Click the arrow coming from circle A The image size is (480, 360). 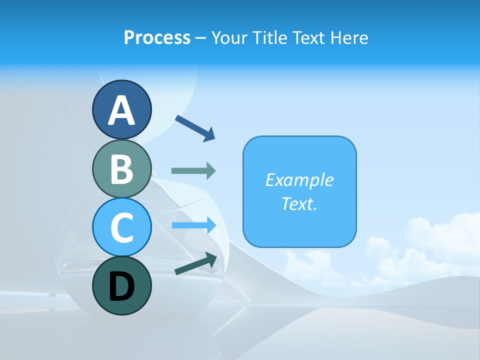(x=195, y=127)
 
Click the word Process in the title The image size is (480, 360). (x=157, y=38)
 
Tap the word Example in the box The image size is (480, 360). (x=299, y=180)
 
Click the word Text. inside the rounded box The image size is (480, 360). (x=299, y=204)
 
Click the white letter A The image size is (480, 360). (x=121, y=110)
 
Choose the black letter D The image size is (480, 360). (x=121, y=286)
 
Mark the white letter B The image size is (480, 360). (x=121, y=169)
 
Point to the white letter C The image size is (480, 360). (x=121, y=227)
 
